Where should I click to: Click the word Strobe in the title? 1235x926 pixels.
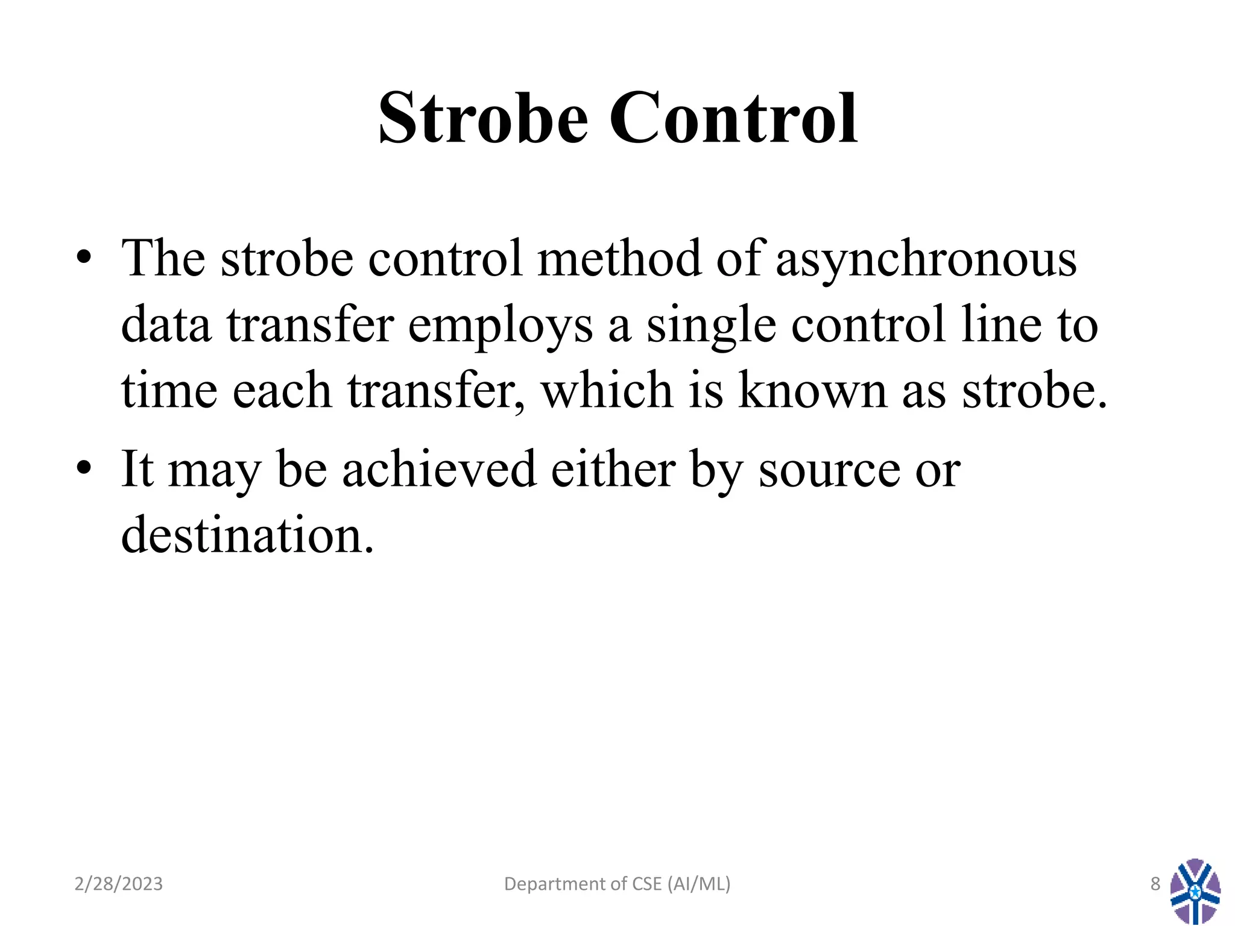click(x=483, y=118)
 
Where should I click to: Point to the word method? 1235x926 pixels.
click(x=619, y=258)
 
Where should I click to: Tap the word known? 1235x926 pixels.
click(x=812, y=390)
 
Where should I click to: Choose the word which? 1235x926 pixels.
click(x=606, y=390)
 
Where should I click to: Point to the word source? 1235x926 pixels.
click(x=829, y=470)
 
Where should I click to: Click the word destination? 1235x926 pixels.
click(x=247, y=535)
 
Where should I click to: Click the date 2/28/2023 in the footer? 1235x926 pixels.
click(x=118, y=884)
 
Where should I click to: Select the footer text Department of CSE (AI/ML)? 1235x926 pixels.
click(x=617, y=884)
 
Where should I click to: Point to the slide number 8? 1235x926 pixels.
click(x=1155, y=884)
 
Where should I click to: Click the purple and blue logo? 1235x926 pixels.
click(x=1195, y=891)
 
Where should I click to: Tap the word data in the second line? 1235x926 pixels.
click(x=166, y=324)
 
